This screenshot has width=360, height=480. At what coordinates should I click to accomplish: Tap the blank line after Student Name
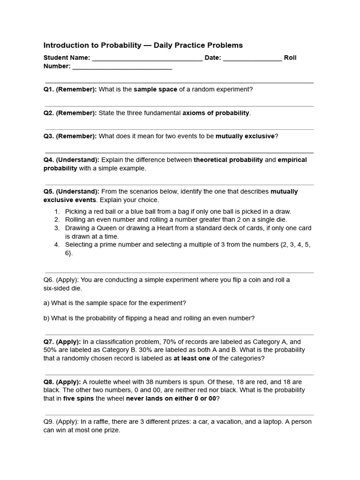[x=147, y=59]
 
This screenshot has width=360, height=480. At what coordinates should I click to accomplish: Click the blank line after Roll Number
[x=122, y=67]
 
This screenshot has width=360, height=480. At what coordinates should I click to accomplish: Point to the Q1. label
[x=49, y=90]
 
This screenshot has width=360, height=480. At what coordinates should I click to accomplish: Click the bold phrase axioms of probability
[x=216, y=113]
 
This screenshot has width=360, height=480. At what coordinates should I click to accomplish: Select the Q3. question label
[x=49, y=136]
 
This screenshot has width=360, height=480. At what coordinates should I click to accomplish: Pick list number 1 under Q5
[x=57, y=211]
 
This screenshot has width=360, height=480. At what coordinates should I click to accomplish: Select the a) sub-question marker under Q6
[x=46, y=303]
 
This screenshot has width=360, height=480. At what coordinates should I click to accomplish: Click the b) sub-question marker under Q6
[x=46, y=318]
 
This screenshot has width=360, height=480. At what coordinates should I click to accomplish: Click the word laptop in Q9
[x=271, y=422]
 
